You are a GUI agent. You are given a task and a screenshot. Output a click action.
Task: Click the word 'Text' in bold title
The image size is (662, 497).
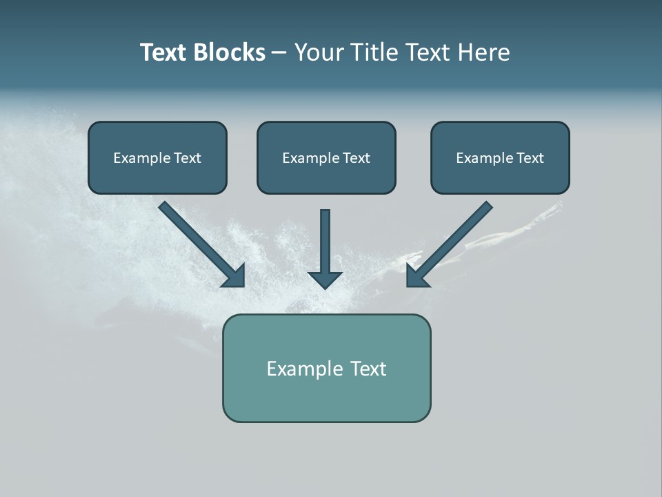click(163, 52)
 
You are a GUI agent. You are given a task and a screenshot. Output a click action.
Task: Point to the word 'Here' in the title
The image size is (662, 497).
click(485, 52)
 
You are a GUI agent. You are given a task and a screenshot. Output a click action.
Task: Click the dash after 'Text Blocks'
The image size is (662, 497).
click(280, 53)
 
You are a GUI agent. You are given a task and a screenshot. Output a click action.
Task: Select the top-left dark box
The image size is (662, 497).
click(157, 157)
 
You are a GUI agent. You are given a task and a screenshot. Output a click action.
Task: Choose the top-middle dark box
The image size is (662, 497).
click(326, 157)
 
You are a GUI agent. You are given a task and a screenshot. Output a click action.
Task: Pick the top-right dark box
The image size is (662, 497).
click(500, 157)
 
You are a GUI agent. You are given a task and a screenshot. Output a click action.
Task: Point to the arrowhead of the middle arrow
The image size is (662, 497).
click(325, 279)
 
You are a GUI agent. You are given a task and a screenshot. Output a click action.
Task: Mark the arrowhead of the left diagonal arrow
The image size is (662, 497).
click(234, 275)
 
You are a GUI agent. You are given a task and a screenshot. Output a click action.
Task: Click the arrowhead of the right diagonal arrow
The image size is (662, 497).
click(417, 275)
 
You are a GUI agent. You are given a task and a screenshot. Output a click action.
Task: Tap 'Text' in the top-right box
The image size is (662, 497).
click(530, 158)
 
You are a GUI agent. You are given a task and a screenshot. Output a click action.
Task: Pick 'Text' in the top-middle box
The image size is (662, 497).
click(357, 158)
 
